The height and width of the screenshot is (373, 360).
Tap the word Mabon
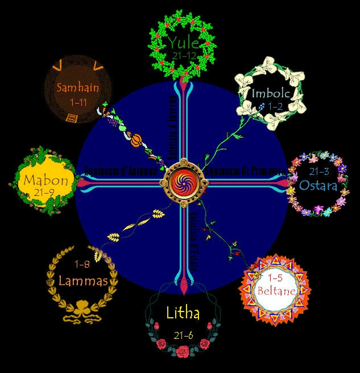click(45, 181)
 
